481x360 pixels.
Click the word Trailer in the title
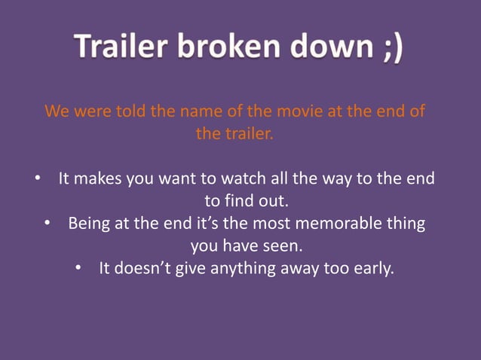[125, 50]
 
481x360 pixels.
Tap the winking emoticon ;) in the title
[386, 50]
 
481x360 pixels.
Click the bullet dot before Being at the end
[47, 224]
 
